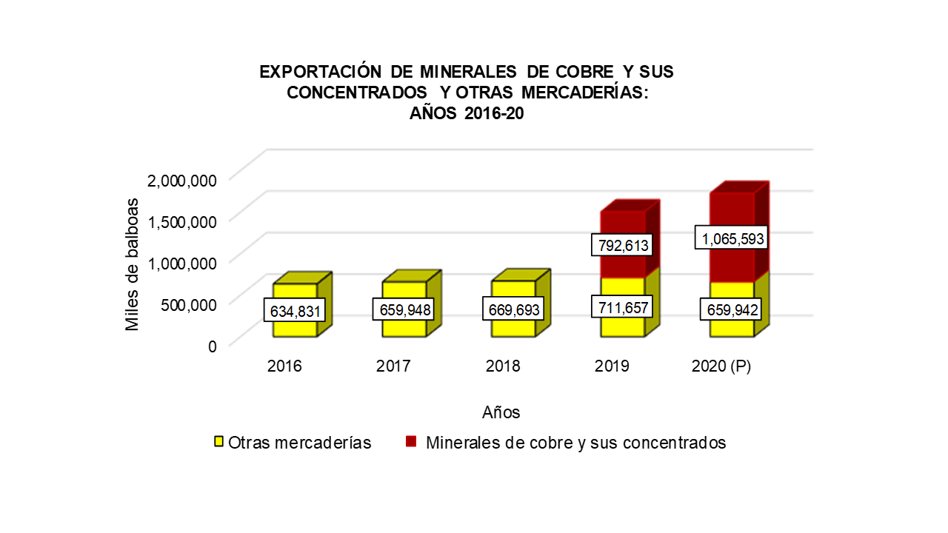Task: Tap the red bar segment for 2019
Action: coord(622,222)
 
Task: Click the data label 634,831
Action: coord(295,312)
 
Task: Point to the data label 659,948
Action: coord(404,310)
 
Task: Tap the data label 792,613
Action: coord(622,245)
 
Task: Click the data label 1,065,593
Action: coord(732,238)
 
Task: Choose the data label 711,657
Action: coord(622,306)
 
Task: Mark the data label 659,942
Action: coord(732,310)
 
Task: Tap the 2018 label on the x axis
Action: coord(504,366)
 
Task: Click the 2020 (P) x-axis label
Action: coord(721,366)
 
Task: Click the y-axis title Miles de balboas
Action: coord(132,264)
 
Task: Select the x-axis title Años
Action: coord(501,412)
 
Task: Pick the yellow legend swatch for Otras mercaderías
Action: coord(219,442)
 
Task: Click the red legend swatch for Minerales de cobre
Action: coord(411,442)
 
